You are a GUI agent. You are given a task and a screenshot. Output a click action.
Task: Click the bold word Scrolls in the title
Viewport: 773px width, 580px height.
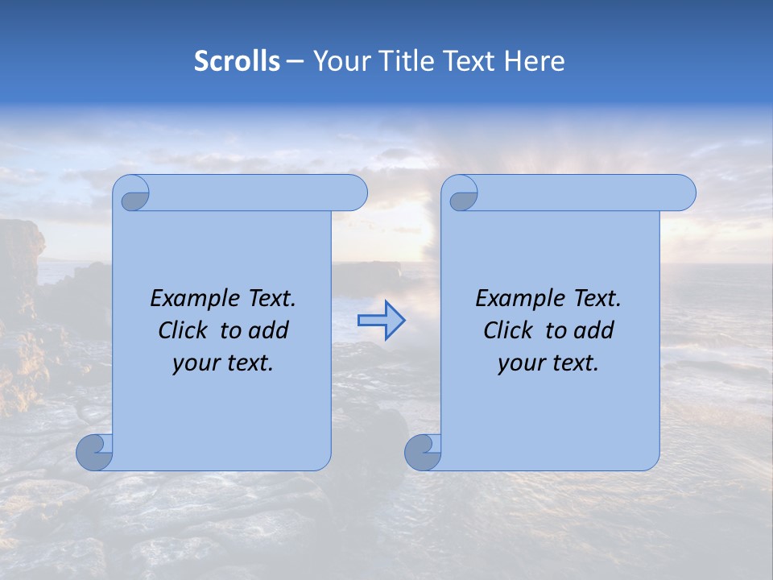click(x=238, y=61)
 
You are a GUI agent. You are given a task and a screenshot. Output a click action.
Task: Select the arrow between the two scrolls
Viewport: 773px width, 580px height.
click(x=381, y=321)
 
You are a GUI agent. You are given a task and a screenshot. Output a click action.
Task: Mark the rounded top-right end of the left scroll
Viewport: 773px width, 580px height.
click(x=354, y=193)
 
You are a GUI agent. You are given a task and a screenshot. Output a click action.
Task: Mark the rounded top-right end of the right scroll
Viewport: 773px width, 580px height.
click(x=683, y=193)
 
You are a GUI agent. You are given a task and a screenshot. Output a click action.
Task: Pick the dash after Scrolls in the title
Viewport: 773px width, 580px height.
click(x=295, y=62)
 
